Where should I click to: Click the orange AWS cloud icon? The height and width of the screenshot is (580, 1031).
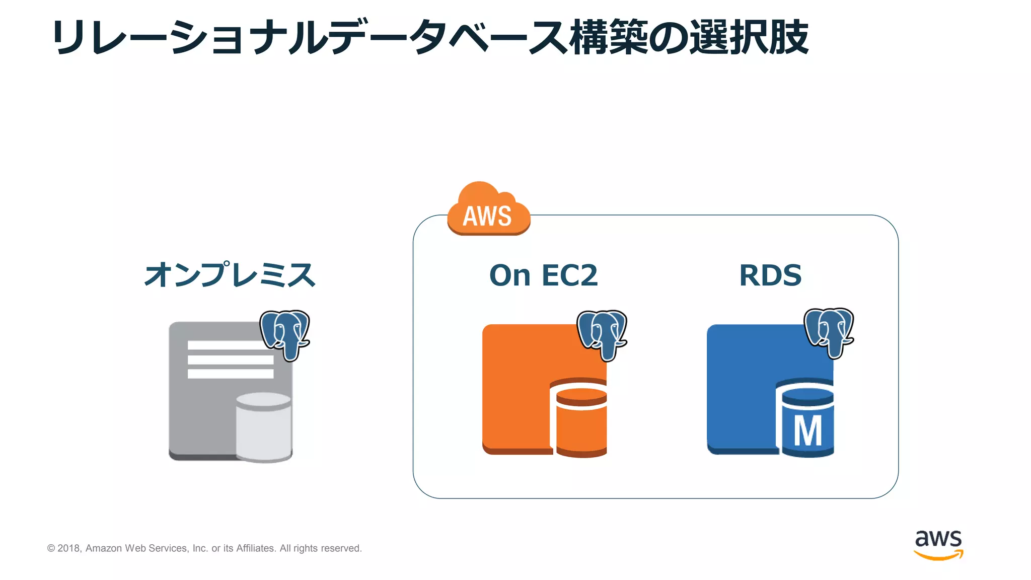488,210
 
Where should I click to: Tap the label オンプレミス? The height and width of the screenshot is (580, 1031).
230,275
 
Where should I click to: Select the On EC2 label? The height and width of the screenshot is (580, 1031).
543,275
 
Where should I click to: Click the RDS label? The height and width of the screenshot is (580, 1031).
770,275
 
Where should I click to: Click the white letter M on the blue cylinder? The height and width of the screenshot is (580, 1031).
807,431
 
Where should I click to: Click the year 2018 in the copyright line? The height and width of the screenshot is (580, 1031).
68,548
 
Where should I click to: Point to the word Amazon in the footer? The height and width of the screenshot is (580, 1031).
104,548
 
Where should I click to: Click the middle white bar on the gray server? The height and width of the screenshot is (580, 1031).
231,359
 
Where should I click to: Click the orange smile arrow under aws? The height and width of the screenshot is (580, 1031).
938,555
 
